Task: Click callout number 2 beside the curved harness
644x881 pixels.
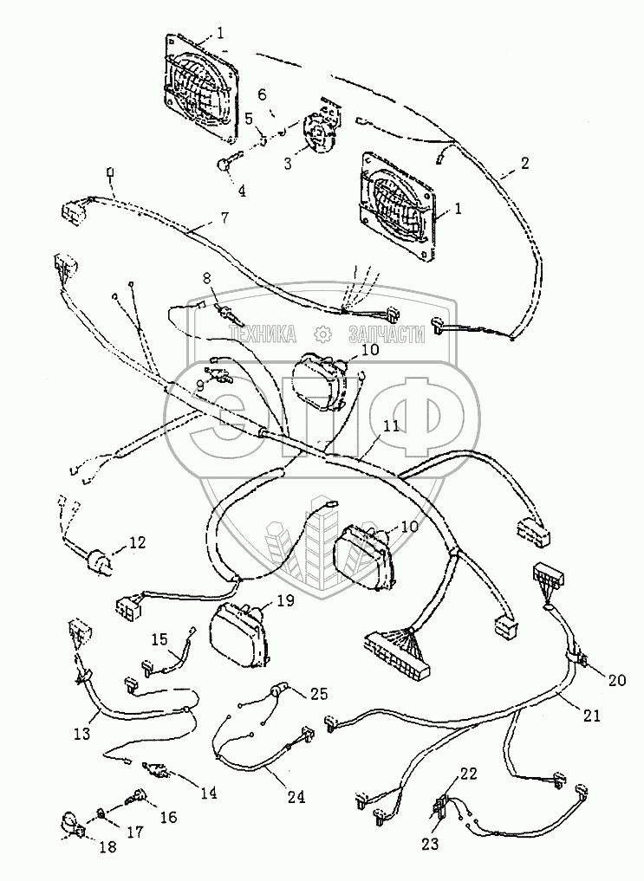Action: point(524,163)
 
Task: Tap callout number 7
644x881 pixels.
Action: point(224,217)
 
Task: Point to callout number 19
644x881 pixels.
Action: point(285,600)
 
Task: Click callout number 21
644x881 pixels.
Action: point(591,716)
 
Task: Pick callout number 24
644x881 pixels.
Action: point(296,796)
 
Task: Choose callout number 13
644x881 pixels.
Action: point(82,733)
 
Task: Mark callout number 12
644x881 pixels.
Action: point(137,542)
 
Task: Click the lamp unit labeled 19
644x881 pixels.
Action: point(238,634)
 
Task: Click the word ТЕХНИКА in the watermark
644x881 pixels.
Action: point(263,334)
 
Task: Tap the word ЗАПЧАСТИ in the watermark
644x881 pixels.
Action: point(387,334)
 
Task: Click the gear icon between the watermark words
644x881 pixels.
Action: point(322,334)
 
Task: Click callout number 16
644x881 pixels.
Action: point(169,818)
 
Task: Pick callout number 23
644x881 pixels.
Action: point(432,844)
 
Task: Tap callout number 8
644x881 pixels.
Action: point(206,277)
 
